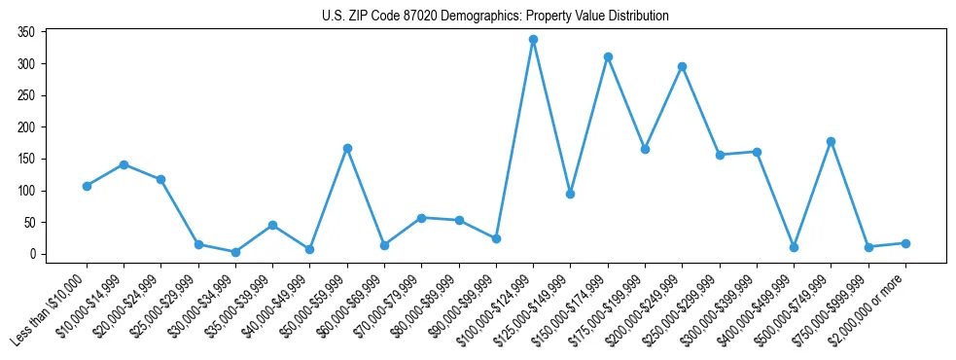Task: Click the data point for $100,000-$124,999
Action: pos(533,40)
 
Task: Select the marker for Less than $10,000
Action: pos(87,186)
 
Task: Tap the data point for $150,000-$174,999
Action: pos(608,57)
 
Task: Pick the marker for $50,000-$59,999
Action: pos(347,148)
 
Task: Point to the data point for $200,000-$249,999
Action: pos(682,67)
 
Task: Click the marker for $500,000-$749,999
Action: pos(831,141)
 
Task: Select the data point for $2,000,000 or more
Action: pos(905,243)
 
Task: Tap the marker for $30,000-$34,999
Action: pos(235,252)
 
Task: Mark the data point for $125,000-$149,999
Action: pos(570,194)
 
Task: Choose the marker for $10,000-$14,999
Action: pos(124,164)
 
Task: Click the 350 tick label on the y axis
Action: pos(26,32)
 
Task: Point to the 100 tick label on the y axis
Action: pos(26,191)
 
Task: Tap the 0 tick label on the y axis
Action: pos(32,254)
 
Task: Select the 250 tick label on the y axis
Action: pos(26,95)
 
